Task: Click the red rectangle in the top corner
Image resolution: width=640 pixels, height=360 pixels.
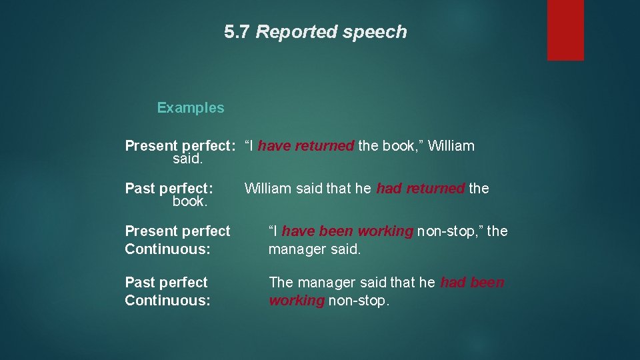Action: (565, 29)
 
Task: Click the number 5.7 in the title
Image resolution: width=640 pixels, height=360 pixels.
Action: (238, 32)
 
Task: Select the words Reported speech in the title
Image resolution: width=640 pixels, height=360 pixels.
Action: (331, 32)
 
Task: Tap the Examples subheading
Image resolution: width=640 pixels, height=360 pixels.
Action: (191, 108)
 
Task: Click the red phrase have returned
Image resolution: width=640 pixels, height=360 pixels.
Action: (305, 146)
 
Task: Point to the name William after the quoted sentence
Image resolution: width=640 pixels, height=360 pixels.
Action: (451, 146)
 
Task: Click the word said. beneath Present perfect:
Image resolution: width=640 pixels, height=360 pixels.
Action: (187, 160)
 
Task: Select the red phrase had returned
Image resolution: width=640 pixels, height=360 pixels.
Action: (420, 189)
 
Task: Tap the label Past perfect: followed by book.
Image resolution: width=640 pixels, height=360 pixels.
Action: (169, 189)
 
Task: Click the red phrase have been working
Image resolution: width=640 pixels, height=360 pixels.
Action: (347, 231)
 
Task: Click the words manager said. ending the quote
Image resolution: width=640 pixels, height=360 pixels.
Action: (314, 249)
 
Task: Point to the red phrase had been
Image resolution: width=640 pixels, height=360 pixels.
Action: (473, 283)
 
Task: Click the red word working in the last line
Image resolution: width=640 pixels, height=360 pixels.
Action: (296, 301)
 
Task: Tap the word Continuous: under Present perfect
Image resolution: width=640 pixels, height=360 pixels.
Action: (167, 249)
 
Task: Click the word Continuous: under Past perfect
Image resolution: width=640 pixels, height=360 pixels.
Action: (167, 301)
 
